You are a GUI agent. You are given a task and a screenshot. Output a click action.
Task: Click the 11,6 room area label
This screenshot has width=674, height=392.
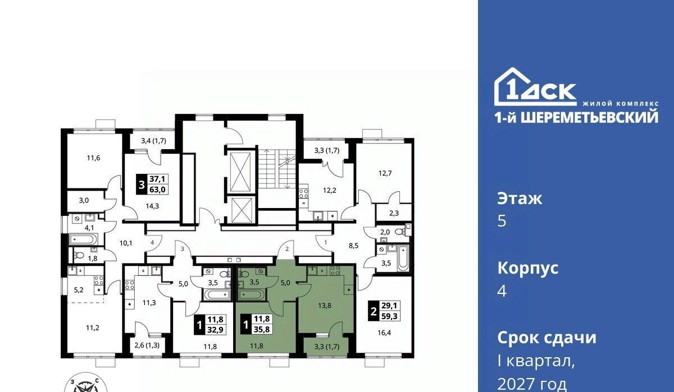click(x=94, y=158)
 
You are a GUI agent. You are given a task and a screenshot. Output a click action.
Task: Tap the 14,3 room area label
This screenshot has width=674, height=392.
click(x=152, y=206)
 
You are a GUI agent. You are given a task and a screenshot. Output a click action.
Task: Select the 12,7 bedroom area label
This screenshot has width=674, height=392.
click(x=385, y=173)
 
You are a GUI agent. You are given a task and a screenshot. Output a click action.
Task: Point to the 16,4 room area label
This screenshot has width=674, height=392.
click(x=384, y=333)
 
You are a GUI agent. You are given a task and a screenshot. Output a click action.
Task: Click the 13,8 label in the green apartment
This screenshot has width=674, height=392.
click(x=325, y=306)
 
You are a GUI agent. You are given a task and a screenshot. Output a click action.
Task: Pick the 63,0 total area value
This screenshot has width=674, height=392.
click(x=158, y=190)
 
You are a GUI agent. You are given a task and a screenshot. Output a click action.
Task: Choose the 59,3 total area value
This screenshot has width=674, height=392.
click(x=389, y=316)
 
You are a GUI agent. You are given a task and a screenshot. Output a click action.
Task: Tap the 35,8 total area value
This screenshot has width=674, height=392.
click(x=262, y=329)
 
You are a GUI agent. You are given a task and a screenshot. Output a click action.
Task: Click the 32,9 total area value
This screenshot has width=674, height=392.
click(x=216, y=330)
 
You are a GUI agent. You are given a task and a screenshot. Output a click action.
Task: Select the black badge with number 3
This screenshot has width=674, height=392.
click(x=142, y=184)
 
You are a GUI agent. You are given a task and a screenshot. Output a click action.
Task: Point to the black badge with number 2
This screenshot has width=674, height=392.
click(x=374, y=311)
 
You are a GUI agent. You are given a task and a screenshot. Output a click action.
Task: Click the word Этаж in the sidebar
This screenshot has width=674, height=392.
click(x=520, y=199)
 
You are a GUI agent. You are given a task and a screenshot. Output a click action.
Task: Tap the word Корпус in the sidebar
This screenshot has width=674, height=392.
click(x=528, y=268)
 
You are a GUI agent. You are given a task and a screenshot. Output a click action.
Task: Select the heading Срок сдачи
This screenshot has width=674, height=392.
click(x=547, y=338)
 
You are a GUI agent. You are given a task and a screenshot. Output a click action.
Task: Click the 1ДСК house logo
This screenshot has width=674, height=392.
click(x=536, y=87)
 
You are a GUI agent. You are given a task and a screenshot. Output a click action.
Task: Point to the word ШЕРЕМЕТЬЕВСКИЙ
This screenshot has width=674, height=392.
click(x=589, y=117)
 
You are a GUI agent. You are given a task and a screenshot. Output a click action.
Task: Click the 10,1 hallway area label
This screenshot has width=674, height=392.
click(x=126, y=243)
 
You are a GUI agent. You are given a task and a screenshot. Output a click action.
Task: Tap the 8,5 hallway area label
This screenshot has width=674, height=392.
click(x=353, y=246)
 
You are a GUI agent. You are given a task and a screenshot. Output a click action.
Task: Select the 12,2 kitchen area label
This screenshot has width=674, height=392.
click(x=330, y=191)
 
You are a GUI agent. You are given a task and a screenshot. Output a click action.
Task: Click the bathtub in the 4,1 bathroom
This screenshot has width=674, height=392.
click(x=83, y=239)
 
